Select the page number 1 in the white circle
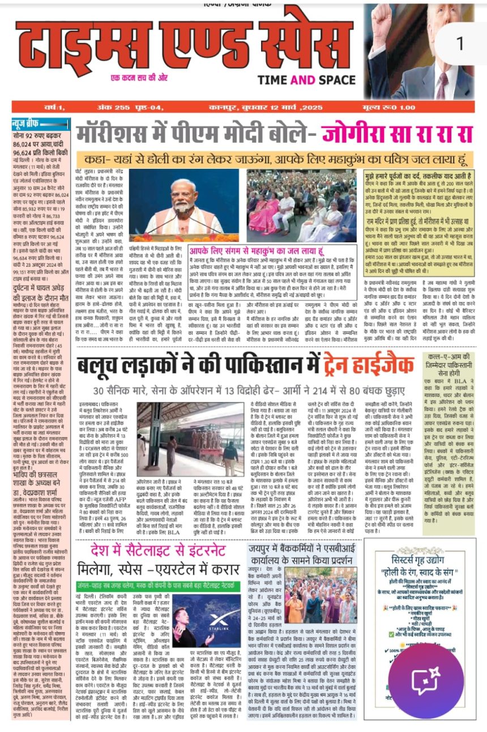[458, 44]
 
